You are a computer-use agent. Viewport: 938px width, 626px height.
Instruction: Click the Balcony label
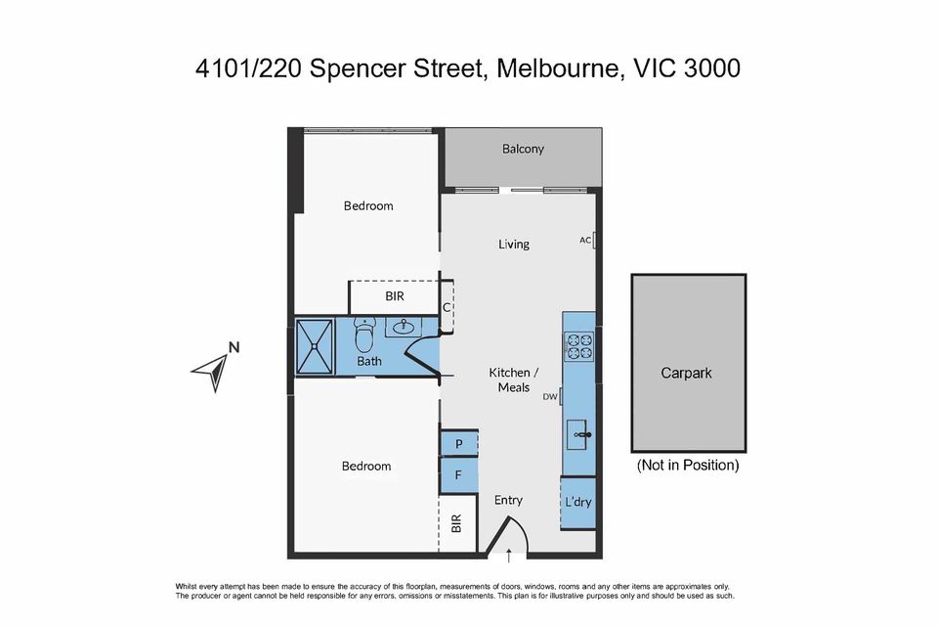tap(523, 149)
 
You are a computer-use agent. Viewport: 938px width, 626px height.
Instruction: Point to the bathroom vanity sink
tap(404, 328)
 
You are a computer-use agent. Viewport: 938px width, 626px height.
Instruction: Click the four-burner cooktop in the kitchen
tap(578, 346)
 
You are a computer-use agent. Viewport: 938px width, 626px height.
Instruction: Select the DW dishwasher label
tap(550, 396)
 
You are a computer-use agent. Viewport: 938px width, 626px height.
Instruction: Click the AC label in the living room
tap(584, 240)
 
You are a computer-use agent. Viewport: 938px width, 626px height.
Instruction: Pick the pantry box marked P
tap(458, 444)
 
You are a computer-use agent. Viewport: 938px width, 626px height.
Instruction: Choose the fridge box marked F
tap(458, 475)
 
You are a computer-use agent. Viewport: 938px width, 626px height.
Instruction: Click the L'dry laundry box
tap(578, 503)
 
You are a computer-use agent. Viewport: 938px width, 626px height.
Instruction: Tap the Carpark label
tap(687, 374)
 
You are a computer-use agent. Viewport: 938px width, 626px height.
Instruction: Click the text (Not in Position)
tap(688, 466)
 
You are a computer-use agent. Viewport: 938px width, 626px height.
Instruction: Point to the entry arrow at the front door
tap(508, 559)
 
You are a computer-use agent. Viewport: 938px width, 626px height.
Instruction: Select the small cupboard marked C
tap(447, 307)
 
